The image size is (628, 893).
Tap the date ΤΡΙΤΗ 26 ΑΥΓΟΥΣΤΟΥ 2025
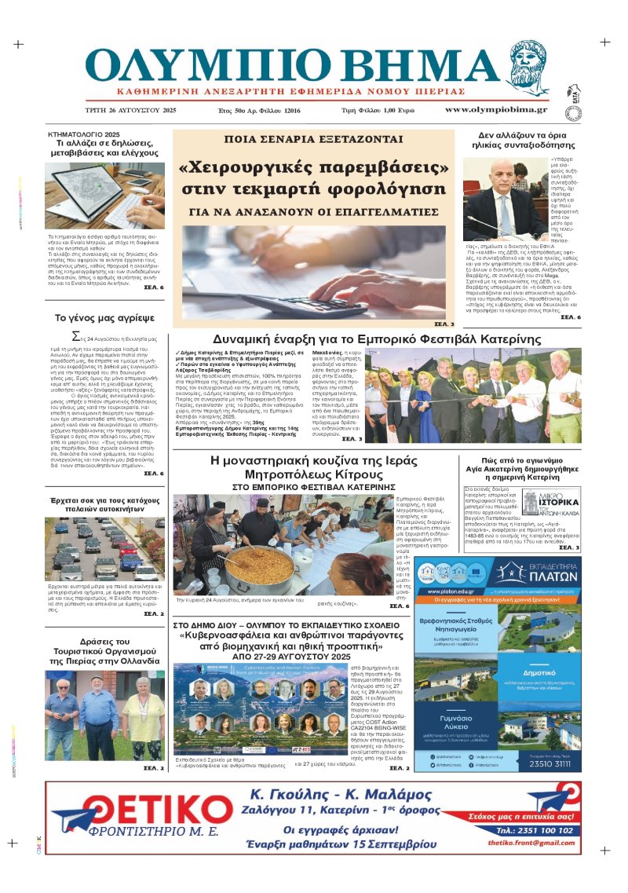click(x=131, y=110)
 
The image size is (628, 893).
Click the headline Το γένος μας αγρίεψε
click(x=104, y=318)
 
